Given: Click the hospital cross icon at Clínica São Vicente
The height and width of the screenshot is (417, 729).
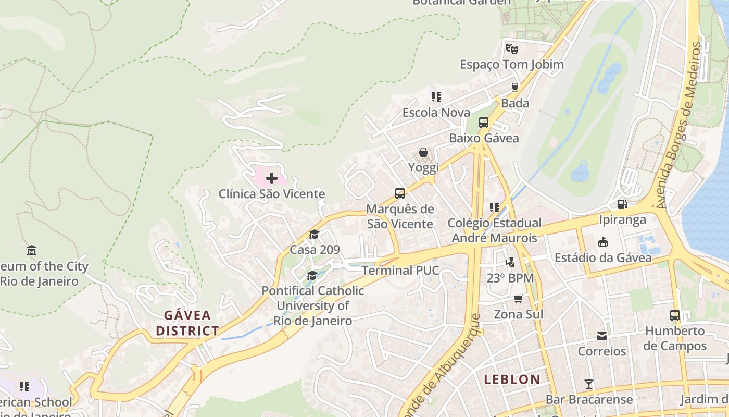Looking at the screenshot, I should click(x=271, y=179).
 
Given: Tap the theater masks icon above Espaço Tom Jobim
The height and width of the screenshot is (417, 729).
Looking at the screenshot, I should click(x=512, y=49).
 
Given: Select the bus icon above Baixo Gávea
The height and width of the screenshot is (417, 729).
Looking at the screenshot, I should click(x=484, y=122).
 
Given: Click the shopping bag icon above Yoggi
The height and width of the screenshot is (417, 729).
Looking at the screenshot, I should click(x=423, y=152).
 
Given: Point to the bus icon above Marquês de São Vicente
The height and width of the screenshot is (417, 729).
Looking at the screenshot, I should click(x=400, y=193).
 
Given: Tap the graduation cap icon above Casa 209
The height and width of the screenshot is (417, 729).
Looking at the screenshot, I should click(x=314, y=235).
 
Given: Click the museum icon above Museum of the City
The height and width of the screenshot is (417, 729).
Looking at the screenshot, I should click(x=32, y=250).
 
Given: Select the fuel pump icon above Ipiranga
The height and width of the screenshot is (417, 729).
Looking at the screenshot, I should click(x=622, y=204).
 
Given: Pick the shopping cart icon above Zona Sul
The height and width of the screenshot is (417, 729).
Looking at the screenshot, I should click(x=518, y=299).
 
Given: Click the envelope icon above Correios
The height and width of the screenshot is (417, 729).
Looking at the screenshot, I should click(x=602, y=336).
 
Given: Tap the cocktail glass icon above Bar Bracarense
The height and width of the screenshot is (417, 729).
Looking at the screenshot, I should click(x=589, y=384).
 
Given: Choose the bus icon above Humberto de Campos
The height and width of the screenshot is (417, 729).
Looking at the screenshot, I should click(x=675, y=315).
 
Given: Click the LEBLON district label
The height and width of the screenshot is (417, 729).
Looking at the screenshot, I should click(x=512, y=379).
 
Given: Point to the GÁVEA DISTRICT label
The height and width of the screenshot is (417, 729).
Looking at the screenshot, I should click(x=187, y=323).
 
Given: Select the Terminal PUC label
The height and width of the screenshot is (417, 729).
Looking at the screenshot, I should click(x=400, y=271).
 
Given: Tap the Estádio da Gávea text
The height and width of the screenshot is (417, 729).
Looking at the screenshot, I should click(x=603, y=257).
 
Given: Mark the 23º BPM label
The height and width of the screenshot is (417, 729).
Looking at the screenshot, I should click(x=510, y=278).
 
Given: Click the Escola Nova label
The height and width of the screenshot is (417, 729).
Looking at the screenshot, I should click(x=436, y=113).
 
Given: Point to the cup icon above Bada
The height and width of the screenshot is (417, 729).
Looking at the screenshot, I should click(x=515, y=88).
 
